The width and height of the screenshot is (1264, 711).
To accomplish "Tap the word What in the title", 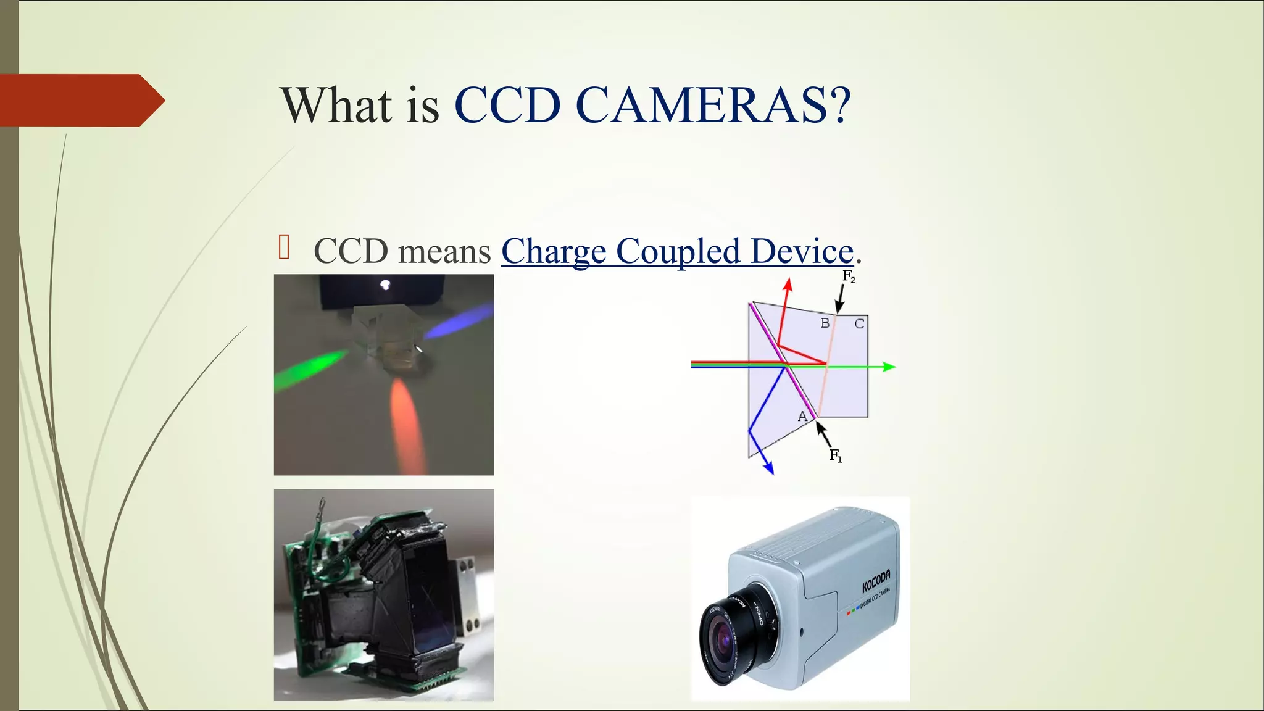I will click(337, 105).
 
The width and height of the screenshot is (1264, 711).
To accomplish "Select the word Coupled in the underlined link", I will click(678, 251).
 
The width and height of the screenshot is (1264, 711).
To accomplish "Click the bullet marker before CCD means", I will click(284, 247).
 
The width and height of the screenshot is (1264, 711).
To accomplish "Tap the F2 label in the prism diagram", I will click(849, 276).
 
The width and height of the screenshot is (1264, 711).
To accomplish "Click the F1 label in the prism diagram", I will click(836, 456).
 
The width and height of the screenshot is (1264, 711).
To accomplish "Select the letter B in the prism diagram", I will click(825, 323).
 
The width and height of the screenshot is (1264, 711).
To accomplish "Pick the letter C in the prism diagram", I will click(859, 323).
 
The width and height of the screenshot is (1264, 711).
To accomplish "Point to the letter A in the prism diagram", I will click(802, 417).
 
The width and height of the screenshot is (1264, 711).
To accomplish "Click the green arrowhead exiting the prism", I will click(889, 367).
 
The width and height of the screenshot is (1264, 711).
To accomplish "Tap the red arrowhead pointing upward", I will click(788, 285).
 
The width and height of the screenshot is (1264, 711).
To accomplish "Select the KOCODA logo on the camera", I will click(876, 581).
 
